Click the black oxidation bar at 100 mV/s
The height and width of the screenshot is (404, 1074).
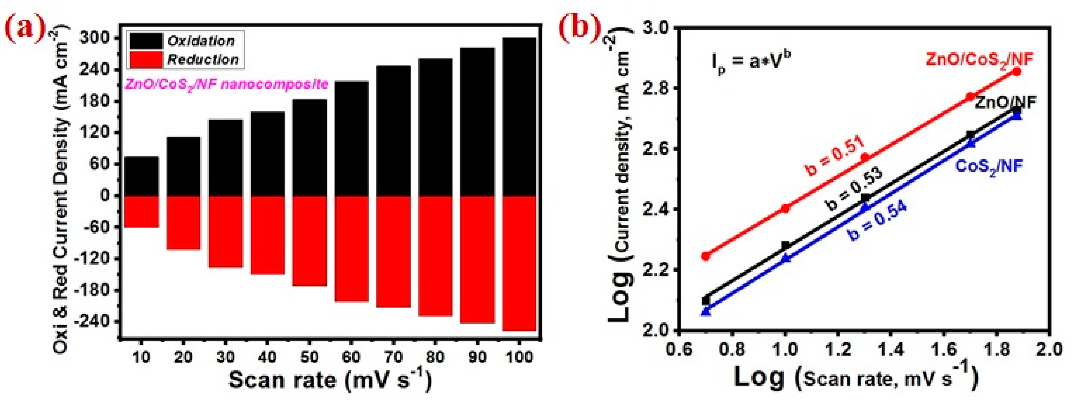pos(519,117)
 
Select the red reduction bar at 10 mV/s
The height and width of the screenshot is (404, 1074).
pos(142,211)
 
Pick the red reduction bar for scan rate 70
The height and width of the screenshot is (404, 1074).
pos(393,251)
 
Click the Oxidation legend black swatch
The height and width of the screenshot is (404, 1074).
pos(146,41)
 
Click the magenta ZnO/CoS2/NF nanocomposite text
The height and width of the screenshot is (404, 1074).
pos(226,85)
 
